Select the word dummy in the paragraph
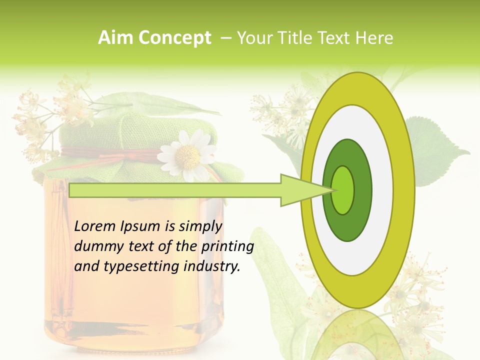click(97, 246)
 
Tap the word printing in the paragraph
click(227, 246)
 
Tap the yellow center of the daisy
click(187, 156)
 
